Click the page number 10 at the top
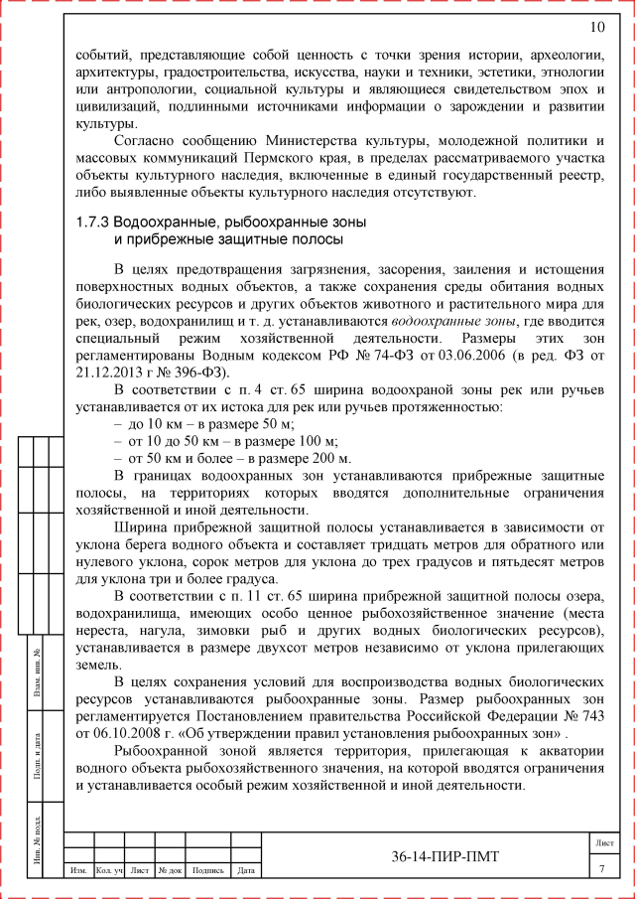click(x=596, y=27)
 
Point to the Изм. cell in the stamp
click(x=77, y=871)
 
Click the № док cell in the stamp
click(x=171, y=871)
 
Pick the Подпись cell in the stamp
click(x=208, y=871)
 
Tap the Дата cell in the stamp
click(x=247, y=871)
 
